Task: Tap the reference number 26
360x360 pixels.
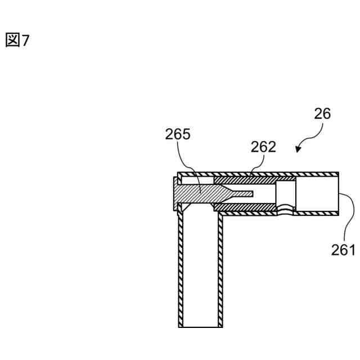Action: (323, 115)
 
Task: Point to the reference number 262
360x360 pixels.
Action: (263, 147)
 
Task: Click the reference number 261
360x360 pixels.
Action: (342, 249)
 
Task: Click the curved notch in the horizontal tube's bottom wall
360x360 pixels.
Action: (287, 212)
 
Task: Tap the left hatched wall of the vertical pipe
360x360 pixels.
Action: (181, 270)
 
